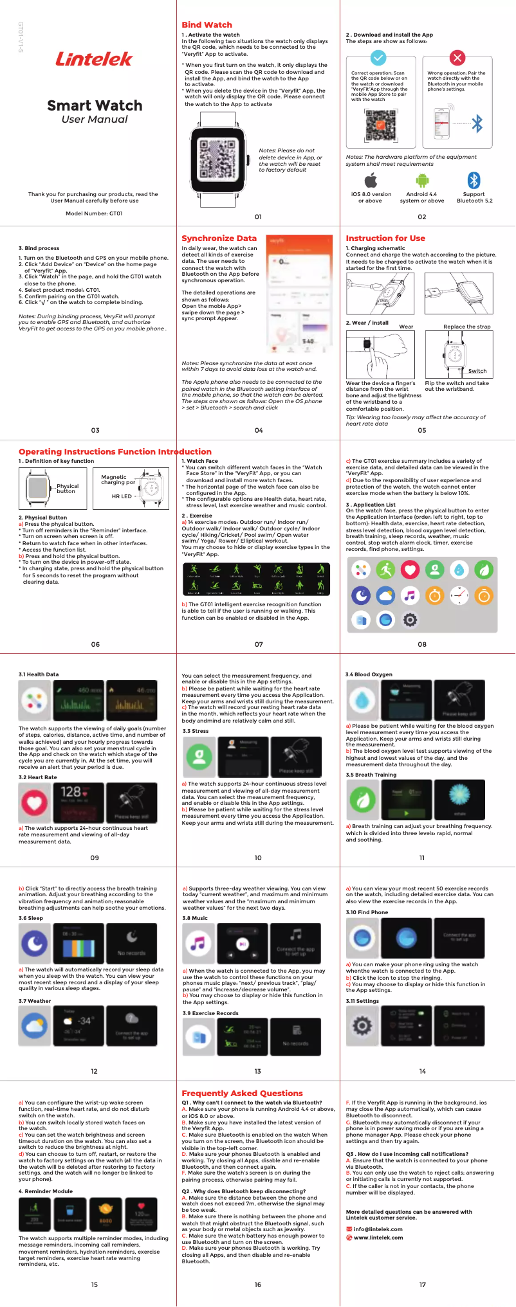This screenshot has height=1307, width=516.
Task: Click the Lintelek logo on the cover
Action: [94, 59]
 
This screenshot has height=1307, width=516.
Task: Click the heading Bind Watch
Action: [207, 24]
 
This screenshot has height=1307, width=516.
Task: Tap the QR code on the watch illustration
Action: [220, 158]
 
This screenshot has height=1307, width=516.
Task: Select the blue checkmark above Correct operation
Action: [379, 58]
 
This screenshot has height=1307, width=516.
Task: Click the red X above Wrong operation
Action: [457, 58]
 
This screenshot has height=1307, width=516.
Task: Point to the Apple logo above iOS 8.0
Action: [371, 180]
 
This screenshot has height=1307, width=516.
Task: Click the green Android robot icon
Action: [422, 181]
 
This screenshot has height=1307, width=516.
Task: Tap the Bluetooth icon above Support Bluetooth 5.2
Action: [474, 180]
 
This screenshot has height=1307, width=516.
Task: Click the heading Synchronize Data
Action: [219, 238]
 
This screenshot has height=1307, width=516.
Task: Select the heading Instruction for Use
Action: [385, 238]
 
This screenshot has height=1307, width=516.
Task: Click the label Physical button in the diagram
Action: [67, 489]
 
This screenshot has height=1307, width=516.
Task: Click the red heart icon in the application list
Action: [410, 570]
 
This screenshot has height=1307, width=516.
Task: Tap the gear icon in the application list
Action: [410, 620]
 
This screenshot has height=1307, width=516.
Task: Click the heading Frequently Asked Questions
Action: [242, 1093]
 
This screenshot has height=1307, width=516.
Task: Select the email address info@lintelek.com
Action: [378, 1229]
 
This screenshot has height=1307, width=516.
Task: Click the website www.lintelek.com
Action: [378, 1238]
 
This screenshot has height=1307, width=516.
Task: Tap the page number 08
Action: [422, 644]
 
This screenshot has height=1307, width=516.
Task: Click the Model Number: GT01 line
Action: [94, 213]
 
